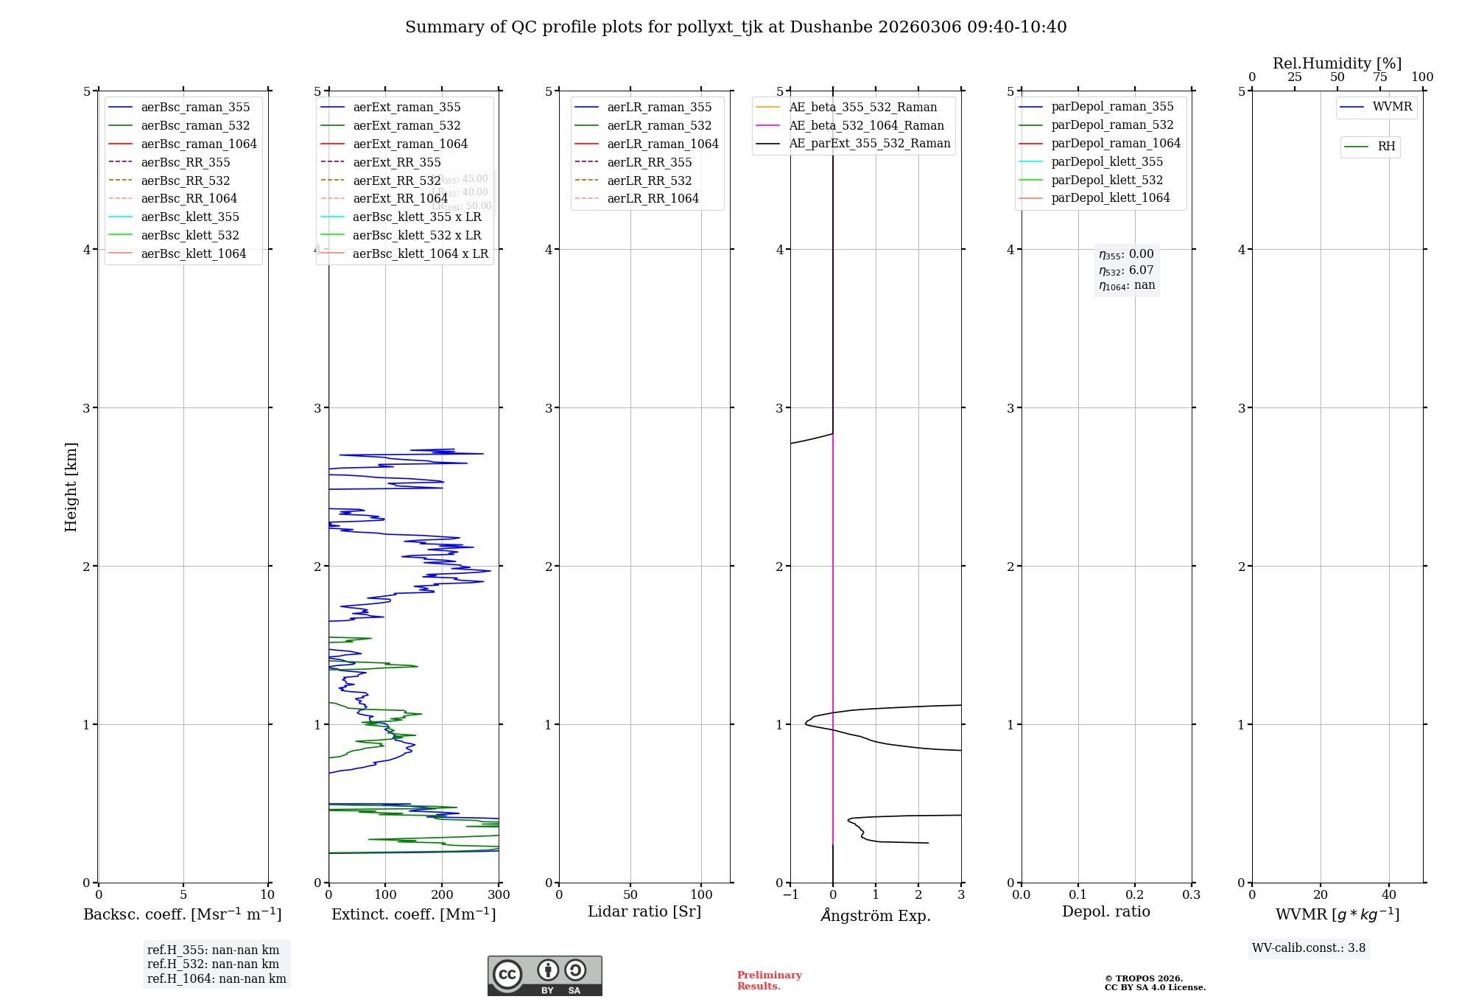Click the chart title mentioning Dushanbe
(x=736, y=27)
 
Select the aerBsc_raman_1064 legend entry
(x=199, y=144)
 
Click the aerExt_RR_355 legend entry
(x=396, y=162)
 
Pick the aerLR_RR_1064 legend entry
(x=653, y=198)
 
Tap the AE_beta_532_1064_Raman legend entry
(x=866, y=125)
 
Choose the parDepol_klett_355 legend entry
(x=1107, y=161)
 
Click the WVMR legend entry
(x=1392, y=107)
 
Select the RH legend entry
(x=1386, y=147)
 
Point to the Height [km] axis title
(x=71, y=486)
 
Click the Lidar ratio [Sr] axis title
(x=644, y=911)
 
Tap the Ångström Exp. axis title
(x=876, y=915)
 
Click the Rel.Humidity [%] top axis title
(x=1337, y=63)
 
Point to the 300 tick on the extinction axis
(x=499, y=894)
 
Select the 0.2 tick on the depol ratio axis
(x=1135, y=894)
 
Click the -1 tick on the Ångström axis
(x=790, y=894)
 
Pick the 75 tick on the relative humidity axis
(x=1379, y=77)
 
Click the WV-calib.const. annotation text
(x=1309, y=948)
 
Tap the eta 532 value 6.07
(x=1141, y=270)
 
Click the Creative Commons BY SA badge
(x=544, y=975)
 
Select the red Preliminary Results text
(x=769, y=981)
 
